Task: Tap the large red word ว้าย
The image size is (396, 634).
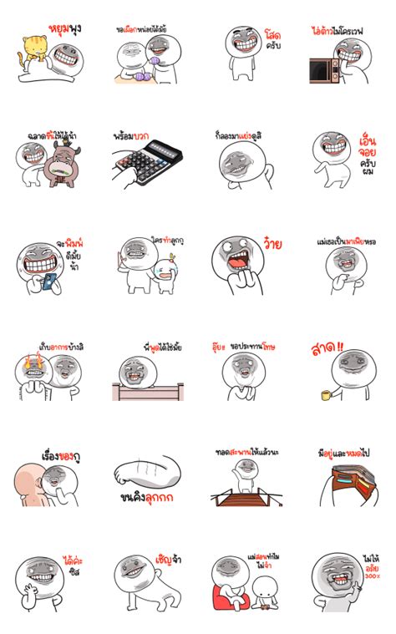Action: point(272,245)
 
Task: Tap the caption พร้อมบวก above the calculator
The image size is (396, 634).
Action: point(132,134)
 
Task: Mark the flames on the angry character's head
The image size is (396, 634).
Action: point(34,363)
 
